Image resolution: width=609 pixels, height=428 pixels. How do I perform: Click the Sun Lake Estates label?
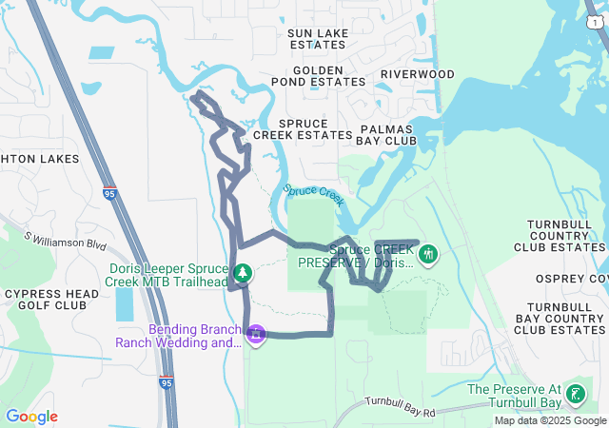click(317, 39)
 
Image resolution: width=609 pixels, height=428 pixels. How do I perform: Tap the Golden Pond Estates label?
click(317, 76)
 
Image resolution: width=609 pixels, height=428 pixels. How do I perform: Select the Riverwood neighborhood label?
click(417, 74)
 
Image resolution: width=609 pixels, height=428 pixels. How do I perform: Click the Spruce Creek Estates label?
click(303, 129)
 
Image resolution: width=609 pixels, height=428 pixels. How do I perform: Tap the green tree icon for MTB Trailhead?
click(243, 274)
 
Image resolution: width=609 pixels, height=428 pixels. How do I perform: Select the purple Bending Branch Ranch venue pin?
click(255, 335)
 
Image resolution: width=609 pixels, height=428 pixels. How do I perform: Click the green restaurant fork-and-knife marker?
click(428, 254)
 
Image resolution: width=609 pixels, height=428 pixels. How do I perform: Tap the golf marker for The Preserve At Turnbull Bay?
click(575, 394)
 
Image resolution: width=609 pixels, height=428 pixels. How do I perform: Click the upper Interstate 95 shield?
click(109, 193)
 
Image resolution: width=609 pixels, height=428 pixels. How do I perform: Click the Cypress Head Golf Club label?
click(51, 300)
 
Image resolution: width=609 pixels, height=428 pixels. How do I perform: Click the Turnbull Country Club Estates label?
click(566, 235)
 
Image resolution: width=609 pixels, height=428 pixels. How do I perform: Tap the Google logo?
click(32, 417)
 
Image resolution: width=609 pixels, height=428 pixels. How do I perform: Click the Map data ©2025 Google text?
click(550, 420)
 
